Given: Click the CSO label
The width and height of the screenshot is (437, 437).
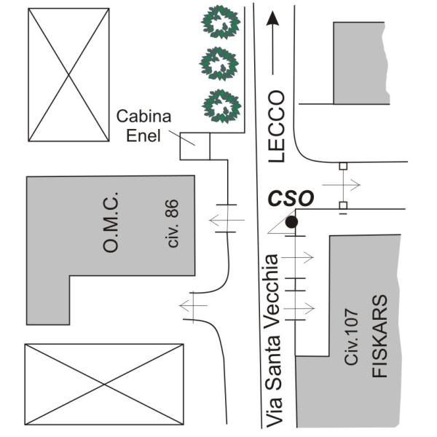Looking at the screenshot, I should (x=291, y=198).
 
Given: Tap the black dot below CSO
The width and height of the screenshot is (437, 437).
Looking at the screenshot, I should (x=291, y=222).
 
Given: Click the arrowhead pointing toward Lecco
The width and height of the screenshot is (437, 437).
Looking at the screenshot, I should (x=273, y=19).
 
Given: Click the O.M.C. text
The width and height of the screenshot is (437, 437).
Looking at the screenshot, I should (x=111, y=224).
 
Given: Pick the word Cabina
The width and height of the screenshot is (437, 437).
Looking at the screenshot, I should (x=146, y=117).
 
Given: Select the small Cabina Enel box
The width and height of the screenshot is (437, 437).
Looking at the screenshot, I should (x=194, y=146).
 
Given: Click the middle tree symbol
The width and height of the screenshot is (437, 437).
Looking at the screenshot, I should (x=220, y=64).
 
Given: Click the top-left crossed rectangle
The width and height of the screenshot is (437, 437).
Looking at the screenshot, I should (x=68, y=75).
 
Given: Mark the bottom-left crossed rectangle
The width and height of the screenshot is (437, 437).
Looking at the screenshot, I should (x=103, y=384).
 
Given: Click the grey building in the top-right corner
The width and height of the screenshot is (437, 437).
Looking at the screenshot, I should (x=360, y=63).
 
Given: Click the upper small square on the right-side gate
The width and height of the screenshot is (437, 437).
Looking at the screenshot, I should (x=342, y=167).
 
